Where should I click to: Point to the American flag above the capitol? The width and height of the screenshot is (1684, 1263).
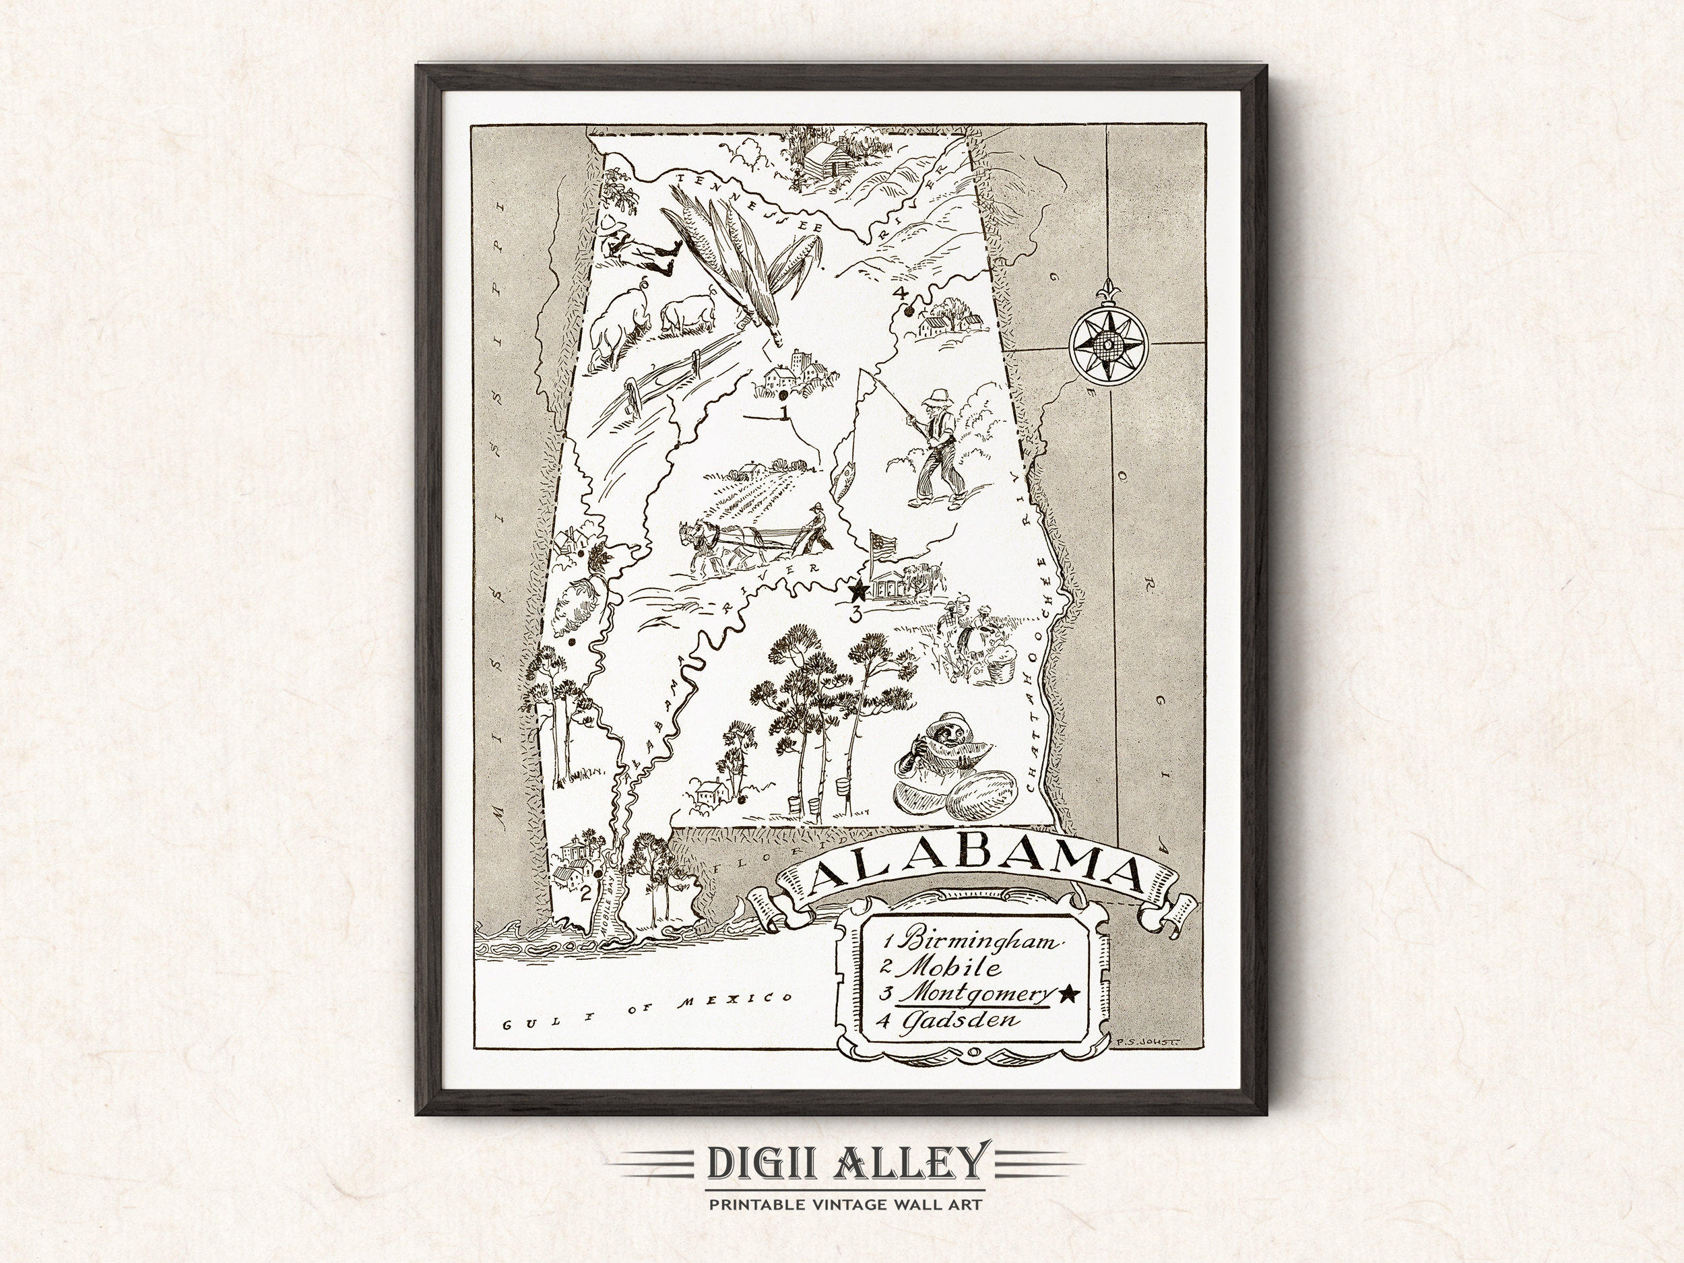pos(883,545)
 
